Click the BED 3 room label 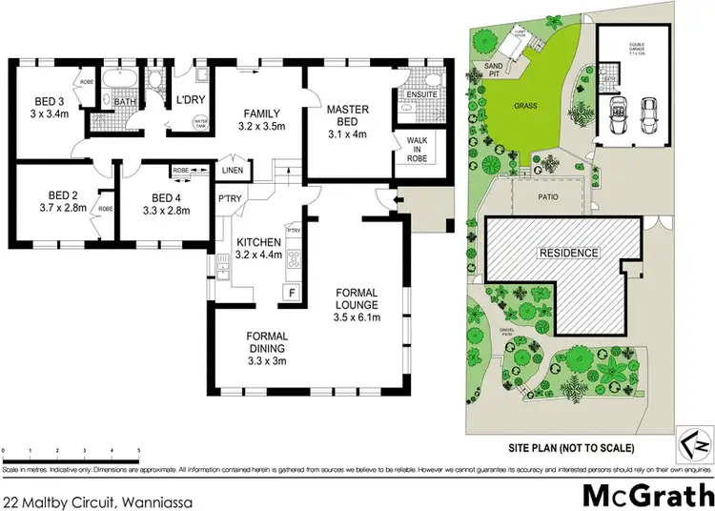pos(50,100)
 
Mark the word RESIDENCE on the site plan pos(568,253)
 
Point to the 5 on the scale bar pos(139,448)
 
